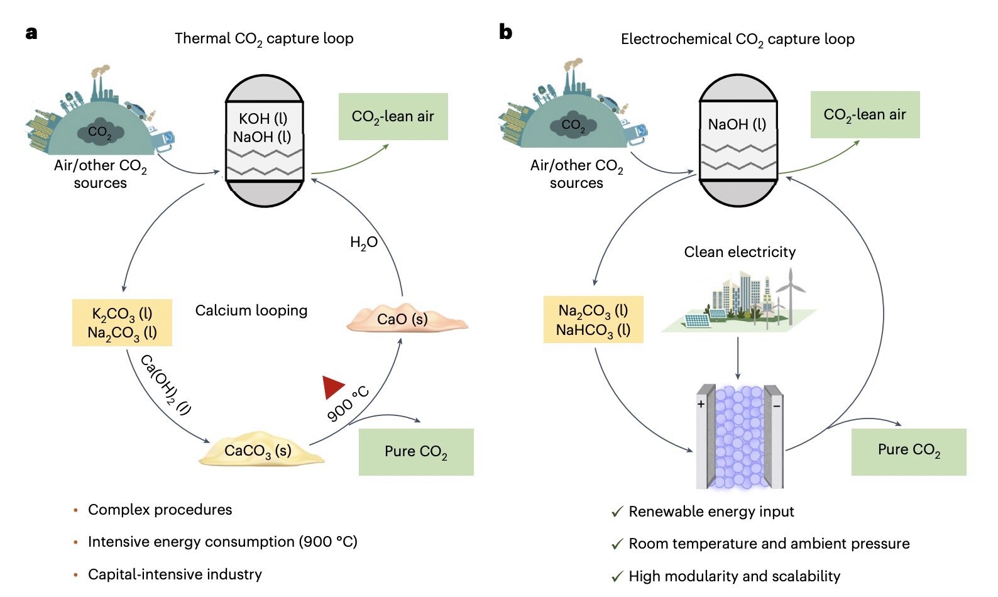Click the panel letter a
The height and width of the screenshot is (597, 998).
(31, 33)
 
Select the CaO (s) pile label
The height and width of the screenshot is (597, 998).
(403, 319)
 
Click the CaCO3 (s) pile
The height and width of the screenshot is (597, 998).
(258, 450)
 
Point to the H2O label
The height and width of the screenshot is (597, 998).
(363, 243)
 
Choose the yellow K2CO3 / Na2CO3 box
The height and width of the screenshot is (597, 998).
(122, 323)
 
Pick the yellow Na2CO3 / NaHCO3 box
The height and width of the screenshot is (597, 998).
(593, 320)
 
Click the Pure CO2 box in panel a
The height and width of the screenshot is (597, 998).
(416, 452)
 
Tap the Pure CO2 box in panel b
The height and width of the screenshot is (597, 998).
(909, 450)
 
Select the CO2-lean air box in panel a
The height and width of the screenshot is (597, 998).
(393, 117)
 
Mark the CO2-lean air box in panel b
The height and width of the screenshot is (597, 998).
(865, 115)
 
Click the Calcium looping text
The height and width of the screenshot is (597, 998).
(251, 310)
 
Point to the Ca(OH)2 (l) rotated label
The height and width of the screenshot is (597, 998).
(165, 385)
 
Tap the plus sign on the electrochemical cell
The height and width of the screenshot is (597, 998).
(701, 404)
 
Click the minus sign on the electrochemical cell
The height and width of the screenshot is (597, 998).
(777, 406)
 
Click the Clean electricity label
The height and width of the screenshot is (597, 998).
(740, 252)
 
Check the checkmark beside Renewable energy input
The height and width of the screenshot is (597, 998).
(617, 512)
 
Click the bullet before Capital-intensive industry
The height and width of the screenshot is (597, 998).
(76, 574)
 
